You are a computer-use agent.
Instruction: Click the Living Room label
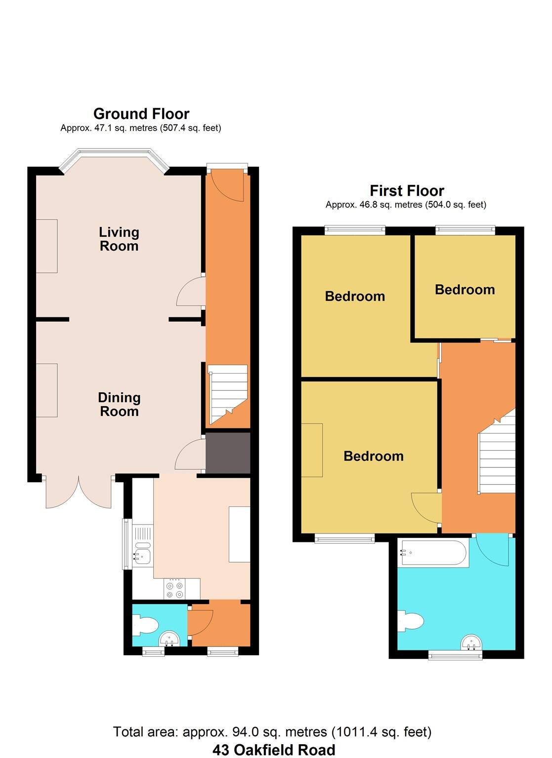coord(119,239)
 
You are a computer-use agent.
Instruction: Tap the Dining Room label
coord(119,404)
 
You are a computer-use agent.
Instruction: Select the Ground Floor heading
coord(141,114)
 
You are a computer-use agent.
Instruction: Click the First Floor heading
coord(407,190)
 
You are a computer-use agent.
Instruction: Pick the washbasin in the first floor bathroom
coord(471,643)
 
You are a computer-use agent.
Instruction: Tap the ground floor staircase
coord(228,394)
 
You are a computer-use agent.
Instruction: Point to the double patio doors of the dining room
coord(79,493)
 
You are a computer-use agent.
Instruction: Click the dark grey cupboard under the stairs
coord(228,453)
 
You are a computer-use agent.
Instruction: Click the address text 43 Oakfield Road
coord(274,750)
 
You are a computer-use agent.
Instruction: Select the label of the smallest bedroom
coord(465,290)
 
